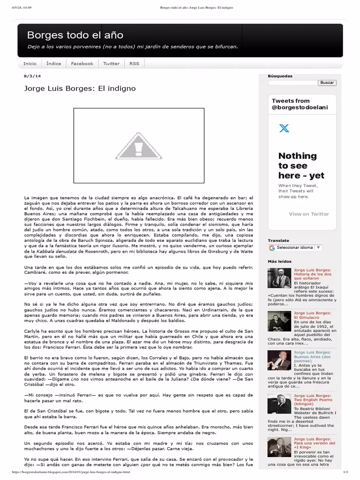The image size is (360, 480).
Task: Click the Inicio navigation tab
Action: [30, 64]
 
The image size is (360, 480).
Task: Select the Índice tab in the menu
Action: [53, 64]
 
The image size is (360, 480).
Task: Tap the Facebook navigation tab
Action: [82, 64]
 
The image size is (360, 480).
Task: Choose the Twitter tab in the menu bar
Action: [111, 64]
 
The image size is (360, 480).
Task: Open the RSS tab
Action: [134, 64]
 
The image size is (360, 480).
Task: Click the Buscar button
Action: [327, 83]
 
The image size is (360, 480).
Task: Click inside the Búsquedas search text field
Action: [292, 83]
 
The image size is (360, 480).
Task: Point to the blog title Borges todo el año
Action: [75, 35]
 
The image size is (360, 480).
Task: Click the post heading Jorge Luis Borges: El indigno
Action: [80, 88]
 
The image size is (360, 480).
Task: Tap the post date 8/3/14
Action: [32, 76]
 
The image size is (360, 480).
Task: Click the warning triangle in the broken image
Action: [139, 145]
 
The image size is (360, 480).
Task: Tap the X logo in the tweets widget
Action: [284, 127]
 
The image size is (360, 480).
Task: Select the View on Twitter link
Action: [309, 214]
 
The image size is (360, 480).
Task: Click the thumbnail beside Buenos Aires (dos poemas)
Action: [279, 360]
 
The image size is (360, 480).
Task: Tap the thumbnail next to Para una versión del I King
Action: [279, 447]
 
